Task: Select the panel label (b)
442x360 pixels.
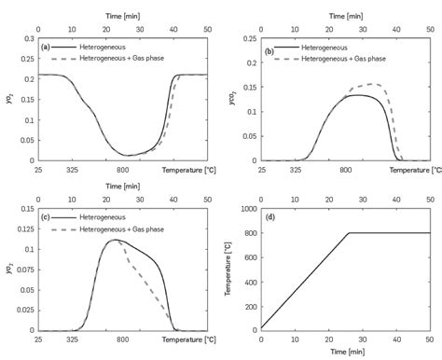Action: click(270, 51)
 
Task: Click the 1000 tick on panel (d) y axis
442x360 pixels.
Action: click(247, 209)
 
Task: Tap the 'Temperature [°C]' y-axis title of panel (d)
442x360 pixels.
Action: click(228, 270)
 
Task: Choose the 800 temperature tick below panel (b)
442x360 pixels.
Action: click(345, 171)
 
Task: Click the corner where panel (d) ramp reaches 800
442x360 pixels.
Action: click(349, 233)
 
